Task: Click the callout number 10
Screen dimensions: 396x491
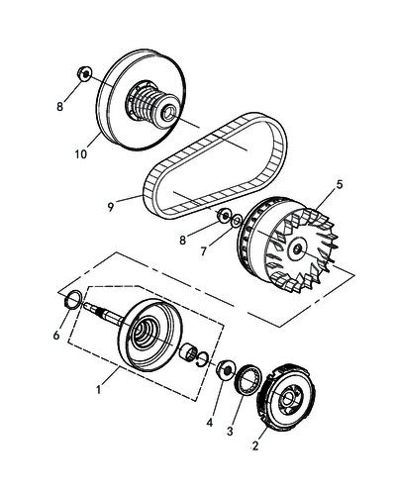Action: pyautogui.click(x=81, y=154)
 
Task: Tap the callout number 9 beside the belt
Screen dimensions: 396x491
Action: pyautogui.click(x=111, y=207)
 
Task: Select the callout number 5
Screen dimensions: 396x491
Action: pyautogui.click(x=340, y=184)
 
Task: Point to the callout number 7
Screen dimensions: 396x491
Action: pyautogui.click(x=204, y=251)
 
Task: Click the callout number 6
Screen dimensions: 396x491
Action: pyautogui.click(x=56, y=336)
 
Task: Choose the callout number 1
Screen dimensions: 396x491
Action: pyautogui.click(x=98, y=390)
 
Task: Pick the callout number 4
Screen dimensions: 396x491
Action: pyautogui.click(x=210, y=423)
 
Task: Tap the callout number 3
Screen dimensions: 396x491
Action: pyautogui.click(x=230, y=431)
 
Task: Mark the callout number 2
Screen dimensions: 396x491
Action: pyautogui.click(x=255, y=445)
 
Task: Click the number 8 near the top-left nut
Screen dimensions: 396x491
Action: pyautogui.click(x=59, y=107)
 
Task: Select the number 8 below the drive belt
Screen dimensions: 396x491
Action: pyautogui.click(x=183, y=241)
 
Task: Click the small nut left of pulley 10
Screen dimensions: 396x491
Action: pyautogui.click(x=85, y=73)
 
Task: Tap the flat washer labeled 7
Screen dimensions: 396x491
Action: pyautogui.click(x=237, y=221)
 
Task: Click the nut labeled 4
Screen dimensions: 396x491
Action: pyautogui.click(x=225, y=369)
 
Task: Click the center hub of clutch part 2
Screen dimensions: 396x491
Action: pyautogui.click(x=286, y=398)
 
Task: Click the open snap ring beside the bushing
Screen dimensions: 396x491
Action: pyautogui.click(x=203, y=358)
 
